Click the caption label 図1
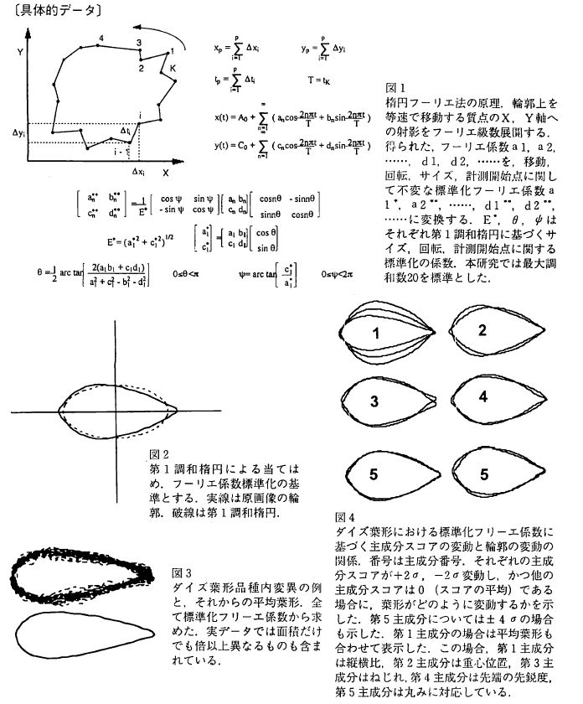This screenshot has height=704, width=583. [x=395, y=87]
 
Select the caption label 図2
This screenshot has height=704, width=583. [x=158, y=454]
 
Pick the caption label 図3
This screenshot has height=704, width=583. [x=181, y=572]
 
